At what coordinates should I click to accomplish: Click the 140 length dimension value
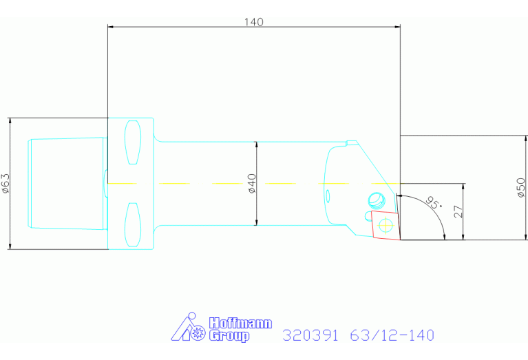click(253, 22)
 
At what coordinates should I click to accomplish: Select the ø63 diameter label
click(6, 184)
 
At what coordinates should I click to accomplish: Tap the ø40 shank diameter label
click(252, 184)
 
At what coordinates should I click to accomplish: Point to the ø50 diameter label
click(520, 188)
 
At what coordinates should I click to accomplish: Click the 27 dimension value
click(458, 211)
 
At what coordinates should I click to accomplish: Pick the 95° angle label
click(434, 202)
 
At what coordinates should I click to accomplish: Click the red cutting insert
click(386, 225)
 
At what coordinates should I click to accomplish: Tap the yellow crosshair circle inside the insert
click(386, 225)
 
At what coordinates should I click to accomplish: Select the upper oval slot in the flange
click(133, 142)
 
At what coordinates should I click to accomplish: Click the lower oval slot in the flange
click(133, 224)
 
